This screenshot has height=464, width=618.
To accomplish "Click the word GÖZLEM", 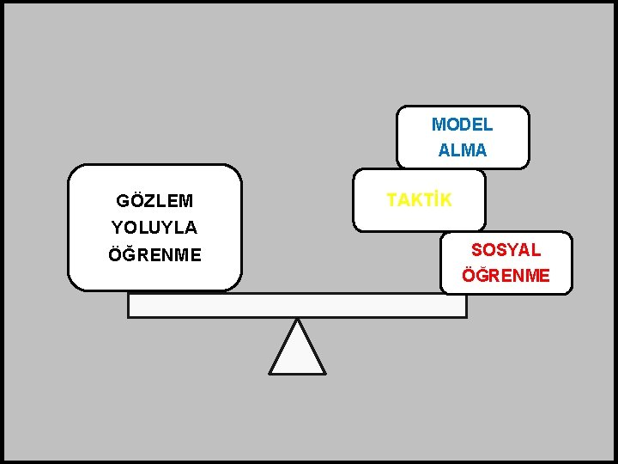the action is [x=154, y=201].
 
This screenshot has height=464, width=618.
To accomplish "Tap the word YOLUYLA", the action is [x=154, y=228].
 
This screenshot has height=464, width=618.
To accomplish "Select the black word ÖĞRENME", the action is [x=154, y=255].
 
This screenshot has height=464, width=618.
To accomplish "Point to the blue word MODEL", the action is [x=462, y=125].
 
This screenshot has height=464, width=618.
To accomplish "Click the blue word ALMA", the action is [x=462, y=150].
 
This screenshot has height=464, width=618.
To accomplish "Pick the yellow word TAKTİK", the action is [x=419, y=200].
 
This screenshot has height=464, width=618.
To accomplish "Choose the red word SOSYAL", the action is [x=506, y=250].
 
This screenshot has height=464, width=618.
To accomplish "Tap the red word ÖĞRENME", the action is [x=506, y=276].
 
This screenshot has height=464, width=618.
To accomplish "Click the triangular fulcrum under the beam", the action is [x=297, y=352].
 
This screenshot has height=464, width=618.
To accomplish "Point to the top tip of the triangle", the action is [x=297, y=320].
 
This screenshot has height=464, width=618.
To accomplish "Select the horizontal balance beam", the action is [x=297, y=305].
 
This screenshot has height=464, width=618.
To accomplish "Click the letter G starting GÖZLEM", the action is [x=122, y=201].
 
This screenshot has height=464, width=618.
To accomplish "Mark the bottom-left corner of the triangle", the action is [x=270, y=373].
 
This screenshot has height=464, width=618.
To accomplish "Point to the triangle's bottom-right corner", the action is [x=324, y=373].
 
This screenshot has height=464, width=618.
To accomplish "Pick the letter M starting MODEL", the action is [x=437, y=125].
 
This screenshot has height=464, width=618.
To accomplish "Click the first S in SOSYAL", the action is [x=476, y=250].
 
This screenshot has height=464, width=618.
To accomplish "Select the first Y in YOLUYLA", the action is [x=117, y=228].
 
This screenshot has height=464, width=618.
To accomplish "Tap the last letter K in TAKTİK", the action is [x=445, y=200].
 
